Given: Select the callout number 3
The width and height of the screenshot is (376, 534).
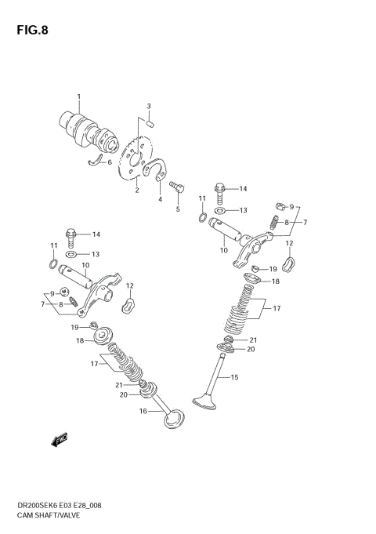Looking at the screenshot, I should pyautogui.click(x=149, y=106).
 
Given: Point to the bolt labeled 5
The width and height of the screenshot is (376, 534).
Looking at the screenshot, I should pyautogui.click(x=176, y=187).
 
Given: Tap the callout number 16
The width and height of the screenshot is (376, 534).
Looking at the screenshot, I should pyautogui.click(x=143, y=411).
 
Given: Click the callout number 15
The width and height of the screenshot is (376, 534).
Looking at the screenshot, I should pyautogui.click(x=233, y=378).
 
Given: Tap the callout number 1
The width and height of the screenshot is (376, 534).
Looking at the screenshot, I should pyautogui.click(x=78, y=96).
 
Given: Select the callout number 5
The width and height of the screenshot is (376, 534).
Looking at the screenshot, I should pyautogui.click(x=178, y=209).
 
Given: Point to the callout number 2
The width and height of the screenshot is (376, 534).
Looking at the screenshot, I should pyautogui.click(x=136, y=190).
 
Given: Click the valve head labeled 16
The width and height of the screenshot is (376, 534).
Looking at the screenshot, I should pyautogui.click(x=174, y=420).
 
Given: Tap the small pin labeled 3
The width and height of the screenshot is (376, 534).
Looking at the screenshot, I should pyautogui.click(x=150, y=122).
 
